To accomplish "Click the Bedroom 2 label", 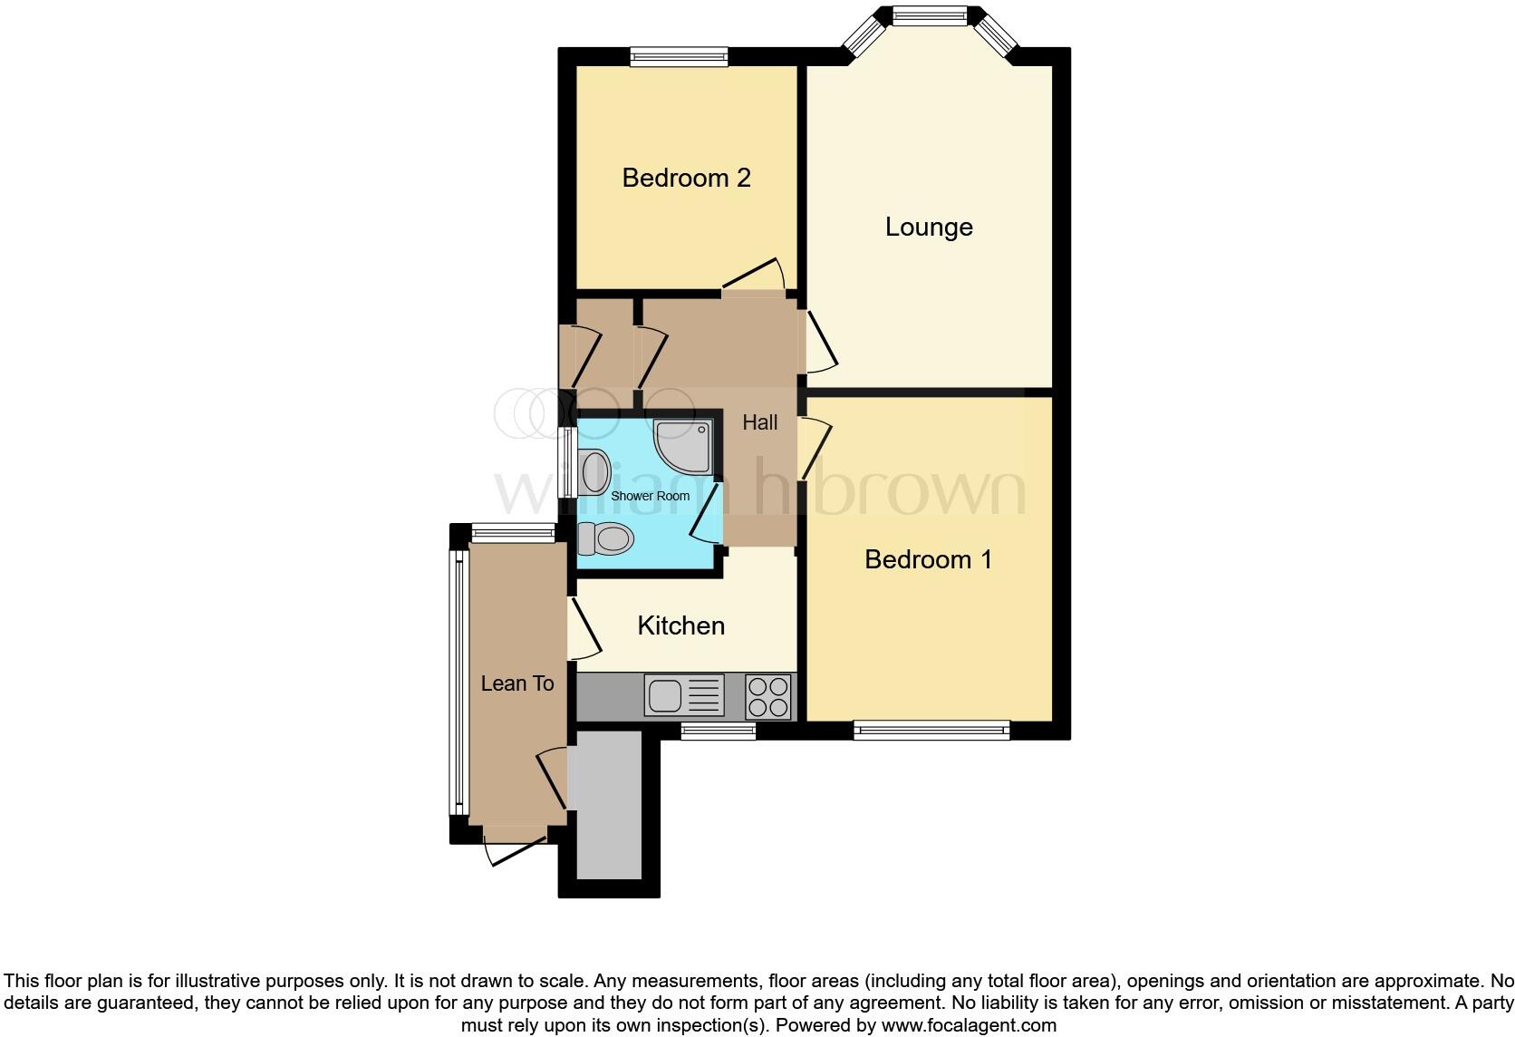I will click(686, 178).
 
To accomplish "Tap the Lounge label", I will click(929, 227).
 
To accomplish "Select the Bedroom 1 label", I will click(928, 559).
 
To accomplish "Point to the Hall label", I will click(759, 422).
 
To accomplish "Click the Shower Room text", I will click(650, 496).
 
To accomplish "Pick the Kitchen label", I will click(680, 625).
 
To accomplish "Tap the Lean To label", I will click(516, 683).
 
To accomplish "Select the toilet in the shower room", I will click(606, 539).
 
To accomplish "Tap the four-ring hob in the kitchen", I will click(768, 696).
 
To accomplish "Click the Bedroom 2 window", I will click(679, 57).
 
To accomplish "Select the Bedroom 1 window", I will click(931, 730).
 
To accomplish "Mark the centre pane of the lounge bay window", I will click(930, 15).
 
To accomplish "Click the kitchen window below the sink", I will click(718, 731).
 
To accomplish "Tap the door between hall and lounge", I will click(819, 342).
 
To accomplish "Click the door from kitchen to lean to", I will click(584, 628).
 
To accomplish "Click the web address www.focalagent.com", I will click(968, 1025).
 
